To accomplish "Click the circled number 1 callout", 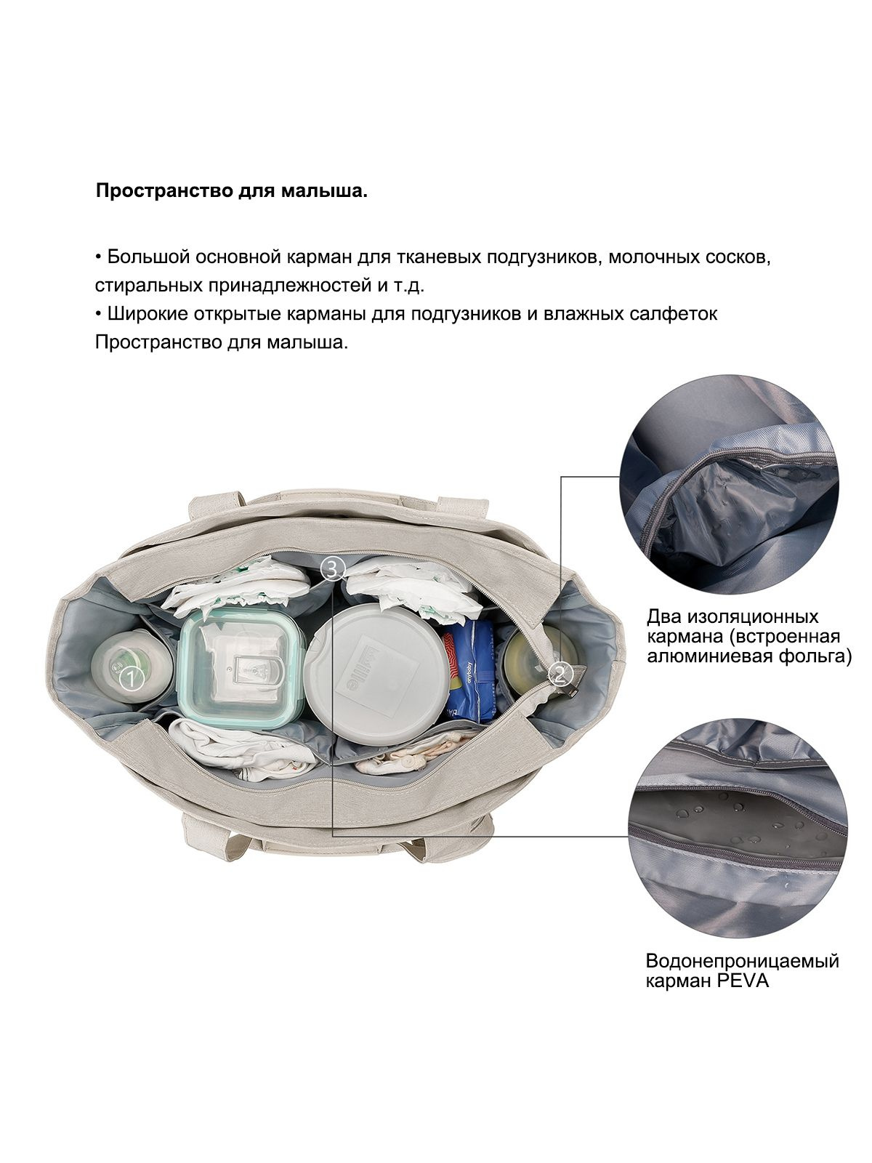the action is coord(130,679).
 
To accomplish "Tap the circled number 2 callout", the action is coord(560,675).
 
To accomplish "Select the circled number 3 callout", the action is coord(333,569).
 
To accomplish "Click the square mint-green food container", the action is coord(242,669).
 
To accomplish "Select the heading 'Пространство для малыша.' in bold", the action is coord(232,191).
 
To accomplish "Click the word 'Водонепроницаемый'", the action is coord(742,976).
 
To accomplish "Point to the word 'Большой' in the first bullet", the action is coord(149,257).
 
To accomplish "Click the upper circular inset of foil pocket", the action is coord(729,486).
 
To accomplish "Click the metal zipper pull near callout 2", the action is coord(571,689).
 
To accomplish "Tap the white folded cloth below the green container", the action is coord(243,749).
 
